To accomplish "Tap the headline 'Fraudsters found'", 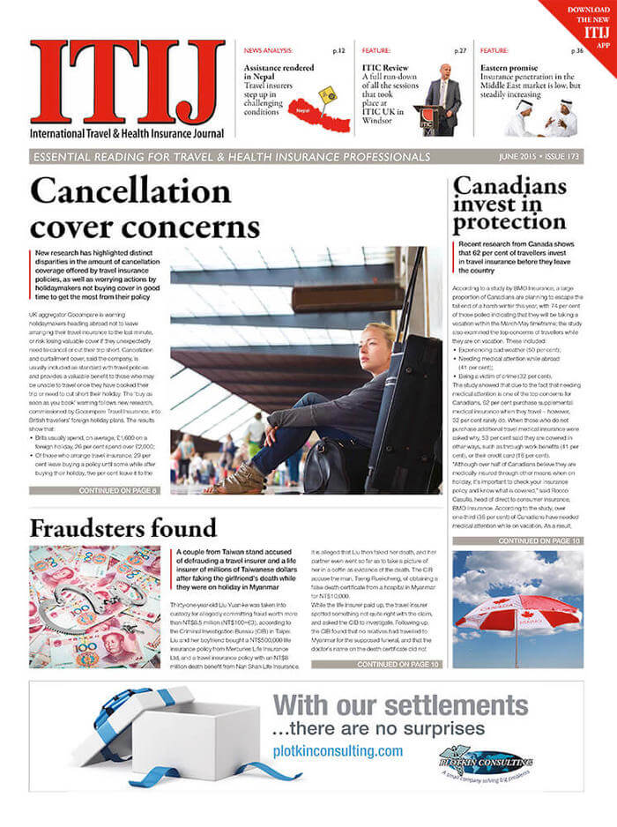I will pos(123,528).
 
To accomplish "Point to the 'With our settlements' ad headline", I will pos(401,705).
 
